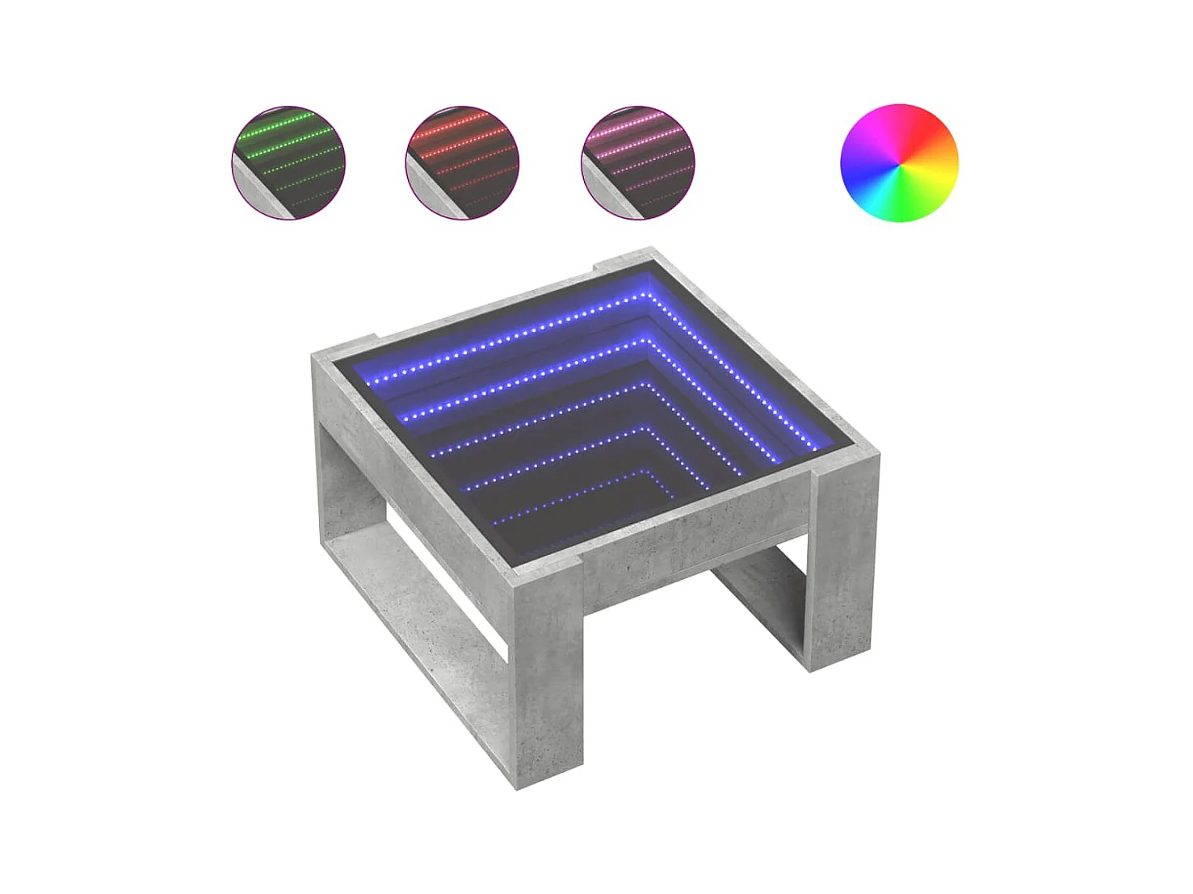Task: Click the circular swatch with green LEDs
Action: point(288,162)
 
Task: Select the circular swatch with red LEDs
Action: point(462,162)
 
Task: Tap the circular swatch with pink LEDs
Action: point(637,162)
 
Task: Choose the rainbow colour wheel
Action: point(899,162)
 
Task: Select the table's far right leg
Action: point(844,565)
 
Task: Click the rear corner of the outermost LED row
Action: point(646,296)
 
